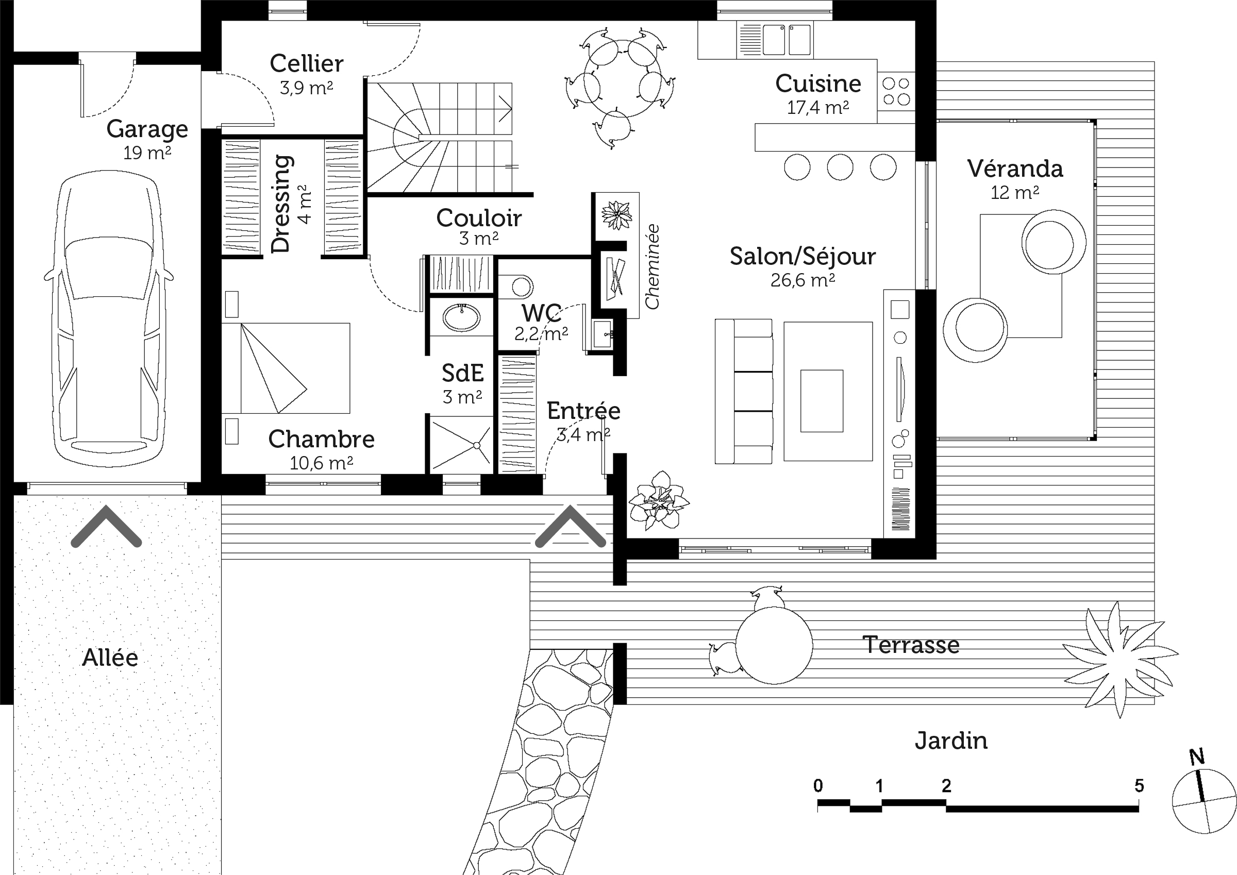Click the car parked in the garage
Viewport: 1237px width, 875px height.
coord(109,319)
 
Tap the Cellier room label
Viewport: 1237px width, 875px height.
coord(307,63)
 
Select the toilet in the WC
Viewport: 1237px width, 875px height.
coord(516,287)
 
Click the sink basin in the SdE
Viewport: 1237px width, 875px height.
coord(462,317)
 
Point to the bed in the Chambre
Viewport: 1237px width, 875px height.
coord(286,368)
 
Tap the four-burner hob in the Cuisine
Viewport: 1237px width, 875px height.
coord(896,91)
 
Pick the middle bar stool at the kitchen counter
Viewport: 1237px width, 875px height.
coord(840,167)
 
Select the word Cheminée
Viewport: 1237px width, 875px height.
coord(653,267)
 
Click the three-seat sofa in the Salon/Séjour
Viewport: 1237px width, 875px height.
coord(744,391)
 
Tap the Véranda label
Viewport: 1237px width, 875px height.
coord(1015,169)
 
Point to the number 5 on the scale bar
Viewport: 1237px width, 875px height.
coord(1139,785)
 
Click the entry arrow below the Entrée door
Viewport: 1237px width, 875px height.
coord(571,527)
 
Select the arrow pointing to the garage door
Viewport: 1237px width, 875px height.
coord(106,527)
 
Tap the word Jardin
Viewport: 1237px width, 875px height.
coord(951,741)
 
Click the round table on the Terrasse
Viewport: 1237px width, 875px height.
coord(774,645)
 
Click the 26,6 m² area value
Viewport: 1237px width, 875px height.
coord(803,280)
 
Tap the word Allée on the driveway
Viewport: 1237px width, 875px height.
coord(110,658)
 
